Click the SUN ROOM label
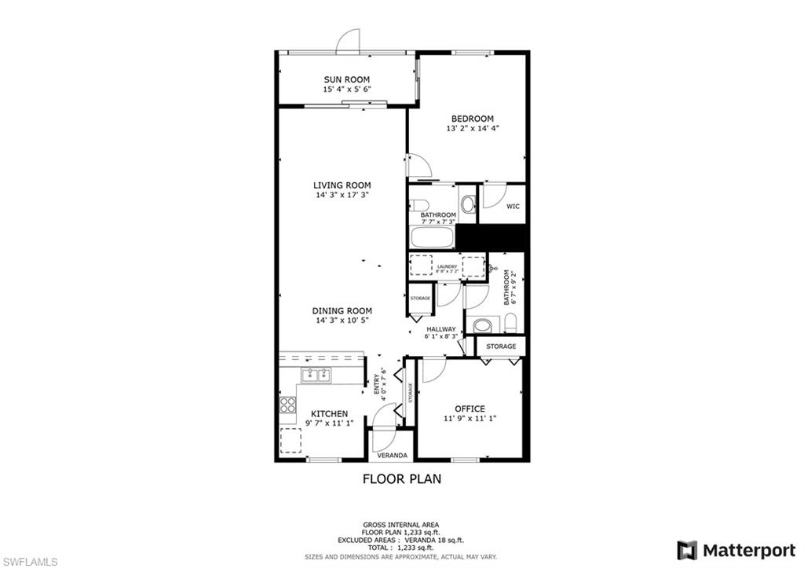(x=346, y=79)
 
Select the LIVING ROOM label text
(x=342, y=185)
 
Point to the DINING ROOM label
(x=342, y=310)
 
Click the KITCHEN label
(x=329, y=414)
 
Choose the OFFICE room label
(x=470, y=409)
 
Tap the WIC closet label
(x=513, y=207)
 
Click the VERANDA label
(x=392, y=456)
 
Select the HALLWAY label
(x=440, y=329)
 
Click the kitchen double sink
(x=316, y=374)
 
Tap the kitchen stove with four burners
(x=288, y=405)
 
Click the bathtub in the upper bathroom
(x=432, y=236)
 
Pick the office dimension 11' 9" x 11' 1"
(x=470, y=419)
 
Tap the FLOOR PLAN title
(x=401, y=478)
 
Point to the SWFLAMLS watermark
(x=30, y=561)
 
